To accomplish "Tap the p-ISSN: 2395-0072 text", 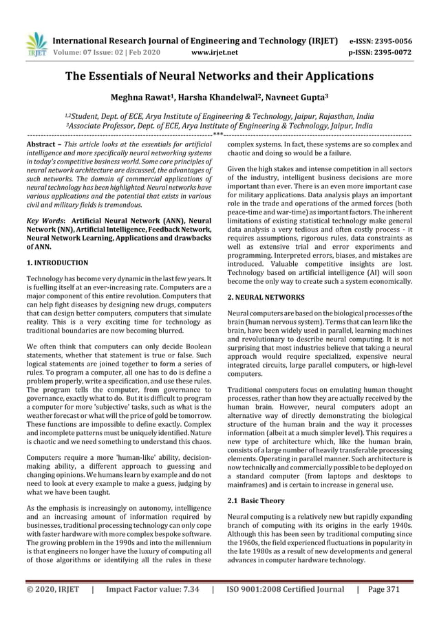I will coord(381,52).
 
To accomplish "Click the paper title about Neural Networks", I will coord(219,76).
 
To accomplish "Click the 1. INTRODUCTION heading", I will coord(57,263).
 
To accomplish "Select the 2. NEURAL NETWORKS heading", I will coord(266,297).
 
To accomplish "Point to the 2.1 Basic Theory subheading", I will coord(255,500).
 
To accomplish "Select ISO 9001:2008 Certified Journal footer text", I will coord(285,589).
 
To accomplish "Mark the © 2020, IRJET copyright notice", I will coord(52,589).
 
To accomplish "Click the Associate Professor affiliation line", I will coord(219,126).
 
